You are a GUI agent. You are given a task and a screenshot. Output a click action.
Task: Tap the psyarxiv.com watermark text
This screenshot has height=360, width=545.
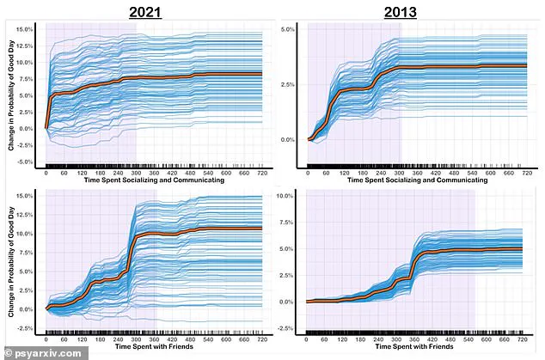(33, 351)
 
